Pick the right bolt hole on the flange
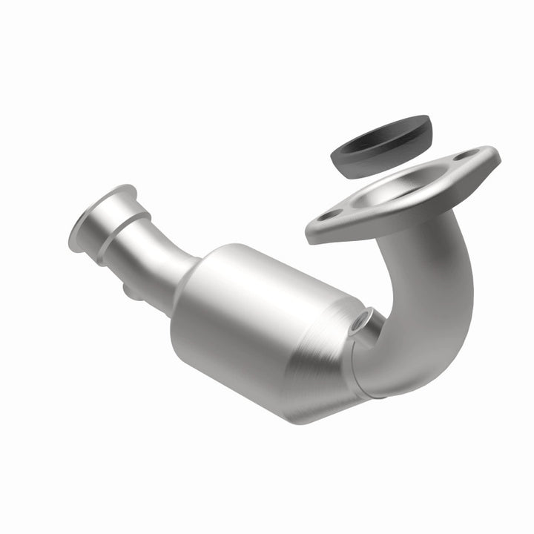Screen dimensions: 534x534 (465, 157)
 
